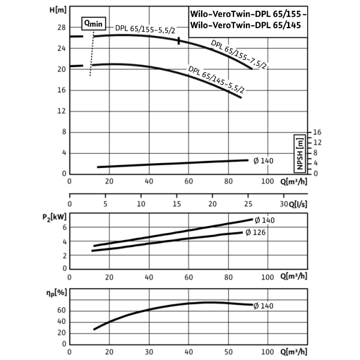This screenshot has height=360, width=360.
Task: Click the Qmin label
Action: pyautogui.click(x=94, y=25)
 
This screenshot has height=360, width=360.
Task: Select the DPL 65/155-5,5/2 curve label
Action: pyautogui.click(x=145, y=29)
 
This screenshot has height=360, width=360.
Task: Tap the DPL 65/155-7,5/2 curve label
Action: pyautogui.click(x=238, y=55)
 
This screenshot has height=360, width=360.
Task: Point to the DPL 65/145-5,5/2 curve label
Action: pyautogui.click(x=217, y=79)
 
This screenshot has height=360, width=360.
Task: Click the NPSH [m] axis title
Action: pyautogui.click(x=299, y=154)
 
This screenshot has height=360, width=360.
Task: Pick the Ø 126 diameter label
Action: pyautogui.click(x=256, y=233)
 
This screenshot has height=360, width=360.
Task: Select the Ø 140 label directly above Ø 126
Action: pyautogui.click(x=264, y=220)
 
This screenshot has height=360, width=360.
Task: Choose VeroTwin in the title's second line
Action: pyautogui.click(x=231, y=26)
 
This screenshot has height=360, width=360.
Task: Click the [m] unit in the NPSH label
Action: pyautogui.click(x=299, y=142)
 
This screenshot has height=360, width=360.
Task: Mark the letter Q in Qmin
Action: pyautogui.click(x=87, y=24)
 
